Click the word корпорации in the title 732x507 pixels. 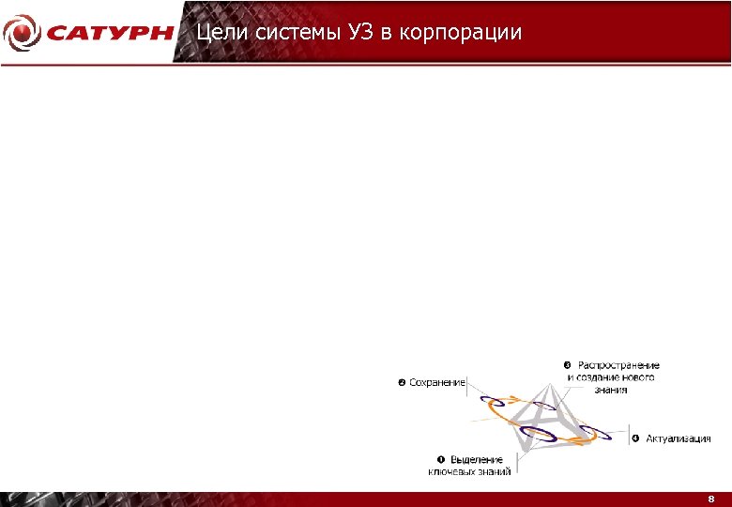pos(460,33)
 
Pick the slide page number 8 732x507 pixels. pos(711,499)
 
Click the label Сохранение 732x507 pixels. pos(437,382)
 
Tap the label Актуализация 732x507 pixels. pos(678,438)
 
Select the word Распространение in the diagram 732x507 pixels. pos(618,365)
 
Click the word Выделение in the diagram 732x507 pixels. pos(480,459)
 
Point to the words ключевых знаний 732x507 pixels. pos(469,471)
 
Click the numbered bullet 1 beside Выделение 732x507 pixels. pos(441,459)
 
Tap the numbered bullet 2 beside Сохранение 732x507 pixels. pos(402,382)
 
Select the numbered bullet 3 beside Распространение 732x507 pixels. pos(567,365)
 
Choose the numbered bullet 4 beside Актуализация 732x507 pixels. pos(634,438)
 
